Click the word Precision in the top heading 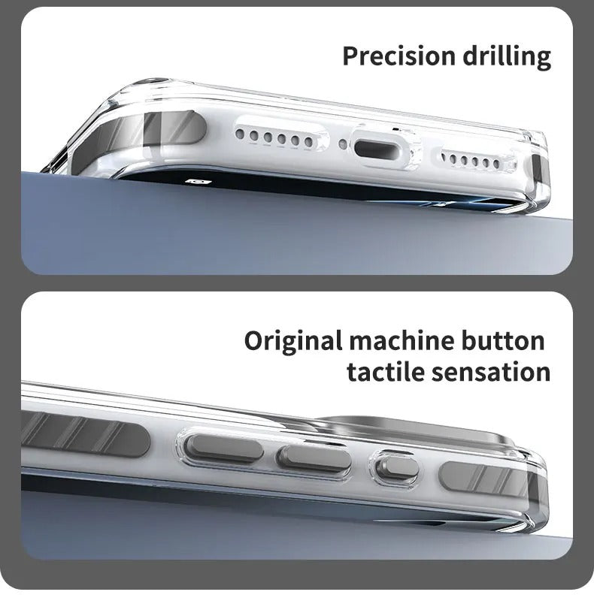pyautogui.click(x=399, y=56)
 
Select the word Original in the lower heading pyautogui.click(x=293, y=342)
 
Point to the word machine pyautogui.click(x=402, y=340)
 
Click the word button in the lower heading pyautogui.click(x=503, y=340)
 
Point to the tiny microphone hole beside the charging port pyautogui.click(x=343, y=144)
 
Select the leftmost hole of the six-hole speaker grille pyautogui.click(x=240, y=134)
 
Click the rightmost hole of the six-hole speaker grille pyautogui.click(x=308, y=141)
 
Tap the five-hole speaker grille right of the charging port pyautogui.click(x=470, y=161)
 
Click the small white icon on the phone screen pyautogui.click(x=199, y=182)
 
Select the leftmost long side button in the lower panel pyautogui.click(x=223, y=448)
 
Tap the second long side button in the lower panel pyautogui.click(x=314, y=459)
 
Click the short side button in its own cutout pyautogui.click(x=397, y=469)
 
